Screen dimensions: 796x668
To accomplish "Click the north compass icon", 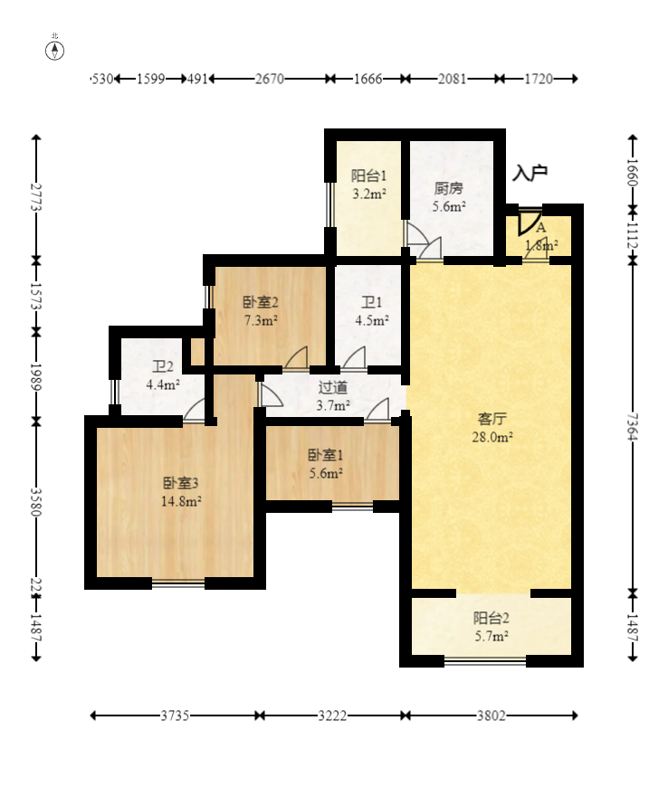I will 55,49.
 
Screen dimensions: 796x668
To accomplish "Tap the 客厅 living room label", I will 491,419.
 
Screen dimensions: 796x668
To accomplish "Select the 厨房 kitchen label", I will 448,189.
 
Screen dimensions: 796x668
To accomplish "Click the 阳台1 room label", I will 369,176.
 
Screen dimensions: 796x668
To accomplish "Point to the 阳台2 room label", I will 491,619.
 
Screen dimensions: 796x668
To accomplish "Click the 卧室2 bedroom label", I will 260,302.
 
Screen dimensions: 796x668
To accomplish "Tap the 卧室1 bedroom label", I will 325,455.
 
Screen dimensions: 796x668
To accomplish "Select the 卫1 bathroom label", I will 372,302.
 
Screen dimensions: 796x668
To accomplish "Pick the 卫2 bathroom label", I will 163,366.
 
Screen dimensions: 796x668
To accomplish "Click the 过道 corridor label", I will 332,387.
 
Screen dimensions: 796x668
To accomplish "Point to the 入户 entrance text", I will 530,172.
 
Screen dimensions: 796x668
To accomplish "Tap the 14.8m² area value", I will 181,502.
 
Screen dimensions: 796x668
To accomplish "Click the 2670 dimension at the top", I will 270,79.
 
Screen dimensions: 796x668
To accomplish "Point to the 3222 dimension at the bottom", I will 331,715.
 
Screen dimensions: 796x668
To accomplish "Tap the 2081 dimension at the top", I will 452,79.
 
